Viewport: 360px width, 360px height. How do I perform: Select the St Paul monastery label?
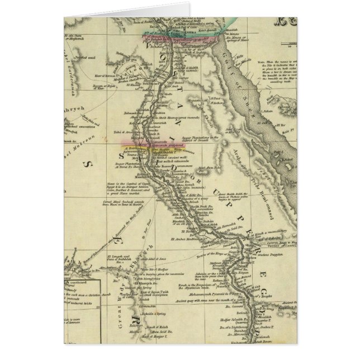point(217,101)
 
